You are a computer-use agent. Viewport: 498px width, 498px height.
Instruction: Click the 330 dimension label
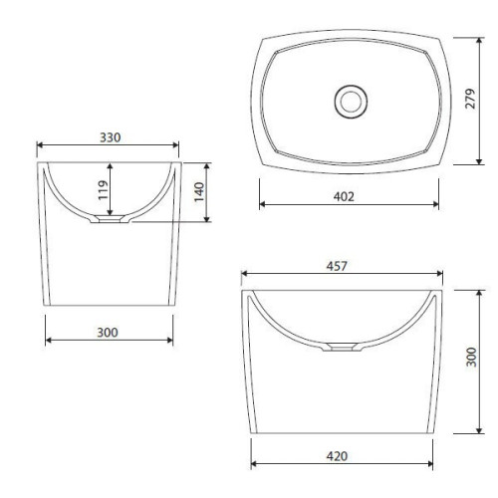(x=111, y=137)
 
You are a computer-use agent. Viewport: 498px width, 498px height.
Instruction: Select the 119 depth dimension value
(x=104, y=190)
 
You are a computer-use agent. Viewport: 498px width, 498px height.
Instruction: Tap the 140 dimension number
(x=199, y=192)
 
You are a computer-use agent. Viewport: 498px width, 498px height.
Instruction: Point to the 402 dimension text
(x=344, y=197)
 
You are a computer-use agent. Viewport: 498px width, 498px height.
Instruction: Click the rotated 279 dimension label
(x=470, y=99)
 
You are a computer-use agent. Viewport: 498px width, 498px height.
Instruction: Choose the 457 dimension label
(x=337, y=266)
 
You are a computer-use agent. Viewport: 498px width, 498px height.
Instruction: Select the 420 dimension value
(x=337, y=456)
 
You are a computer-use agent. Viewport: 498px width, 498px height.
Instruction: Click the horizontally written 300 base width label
(x=108, y=333)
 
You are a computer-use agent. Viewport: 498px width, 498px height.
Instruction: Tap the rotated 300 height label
(x=471, y=358)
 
